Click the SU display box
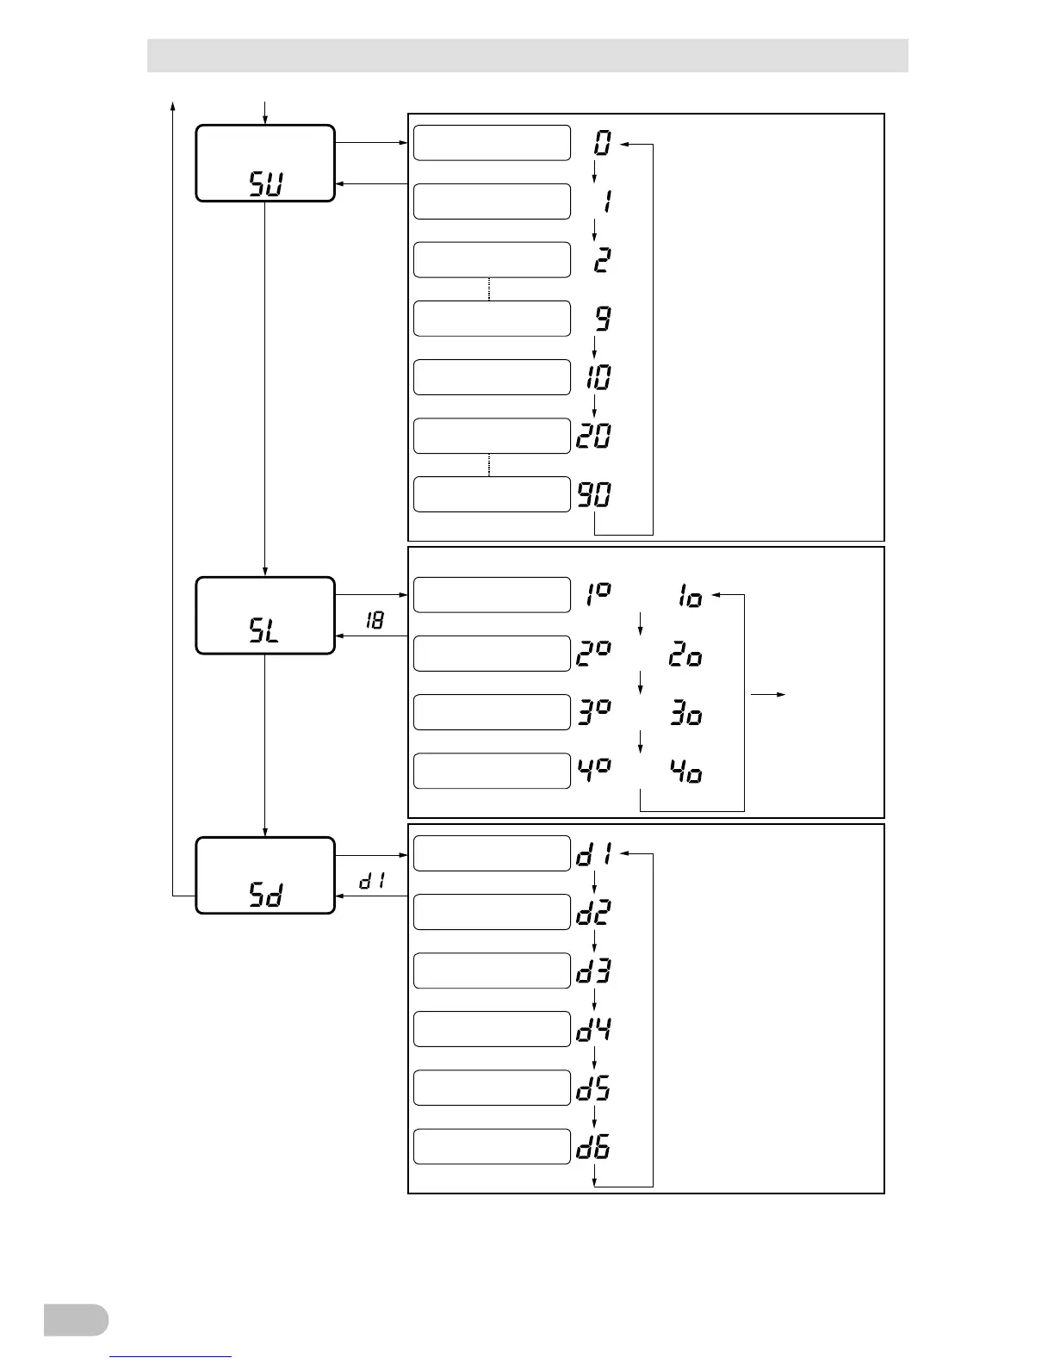(265, 164)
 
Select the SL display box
(265, 616)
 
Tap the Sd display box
(265, 875)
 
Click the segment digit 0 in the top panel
(603, 143)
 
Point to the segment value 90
(594, 494)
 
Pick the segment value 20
(594, 436)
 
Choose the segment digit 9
(603, 319)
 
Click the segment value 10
(598, 377)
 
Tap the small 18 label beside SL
(375, 620)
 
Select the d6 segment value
(594, 1148)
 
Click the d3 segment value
(594, 972)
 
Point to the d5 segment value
(594, 1089)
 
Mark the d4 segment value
(594, 1031)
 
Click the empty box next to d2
(492, 912)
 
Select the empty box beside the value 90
(492, 494)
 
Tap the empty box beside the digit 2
(492, 260)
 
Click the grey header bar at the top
(527, 55)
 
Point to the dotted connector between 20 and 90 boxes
(489, 465)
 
